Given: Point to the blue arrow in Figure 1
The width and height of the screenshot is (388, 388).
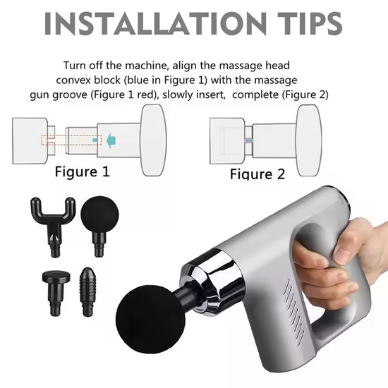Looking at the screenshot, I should click(109, 140).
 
